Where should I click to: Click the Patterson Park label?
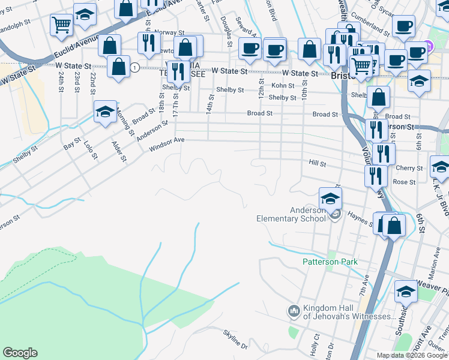330,262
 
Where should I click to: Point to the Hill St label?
317,163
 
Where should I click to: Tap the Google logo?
20,353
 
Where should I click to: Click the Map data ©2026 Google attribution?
411,355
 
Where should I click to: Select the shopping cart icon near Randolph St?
61,25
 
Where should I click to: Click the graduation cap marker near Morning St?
105,112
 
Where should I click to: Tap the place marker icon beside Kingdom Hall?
294,311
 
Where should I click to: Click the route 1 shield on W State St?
136,68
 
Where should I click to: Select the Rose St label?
403,182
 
